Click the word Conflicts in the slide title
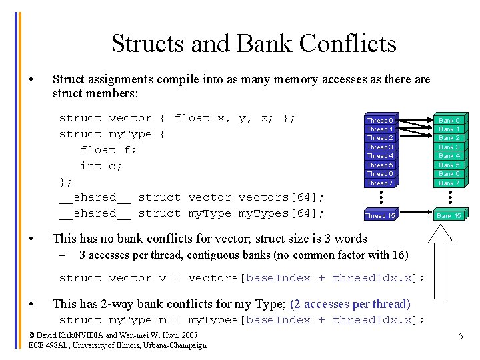click(x=347, y=44)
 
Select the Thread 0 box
click(x=380, y=121)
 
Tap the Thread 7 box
click(x=380, y=183)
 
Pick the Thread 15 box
click(x=380, y=215)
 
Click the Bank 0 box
click(x=449, y=121)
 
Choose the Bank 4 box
click(x=449, y=156)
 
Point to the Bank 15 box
click(x=449, y=215)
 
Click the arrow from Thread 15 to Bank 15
click(x=415, y=215)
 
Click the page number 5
click(x=460, y=337)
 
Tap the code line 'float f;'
click(x=108, y=150)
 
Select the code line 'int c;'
click(x=101, y=166)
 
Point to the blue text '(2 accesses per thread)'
click(x=350, y=304)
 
